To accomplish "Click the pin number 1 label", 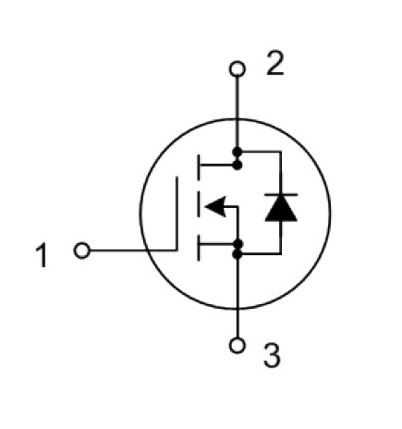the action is click(42, 255).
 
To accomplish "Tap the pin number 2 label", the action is click(275, 64).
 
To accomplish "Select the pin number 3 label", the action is click(273, 356).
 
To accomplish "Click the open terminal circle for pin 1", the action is click(82, 251).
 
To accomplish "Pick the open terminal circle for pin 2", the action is click(238, 68).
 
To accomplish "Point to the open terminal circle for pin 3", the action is click(238, 345).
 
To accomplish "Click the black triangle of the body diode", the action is click(281, 208).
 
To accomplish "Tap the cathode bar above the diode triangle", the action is click(281, 194).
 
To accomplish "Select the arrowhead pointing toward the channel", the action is click(215, 206).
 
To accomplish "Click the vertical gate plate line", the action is click(177, 214).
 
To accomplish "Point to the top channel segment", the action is click(198, 167).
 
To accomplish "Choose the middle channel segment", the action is click(198, 206).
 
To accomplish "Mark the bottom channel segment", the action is click(198, 248).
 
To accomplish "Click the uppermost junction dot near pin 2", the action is click(238, 152).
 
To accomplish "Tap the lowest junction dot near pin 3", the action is click(238, 254).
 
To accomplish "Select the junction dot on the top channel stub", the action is click(238, 165).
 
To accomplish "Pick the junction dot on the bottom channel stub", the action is click(238, 244).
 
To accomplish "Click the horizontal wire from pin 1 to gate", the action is click(133, 251).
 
